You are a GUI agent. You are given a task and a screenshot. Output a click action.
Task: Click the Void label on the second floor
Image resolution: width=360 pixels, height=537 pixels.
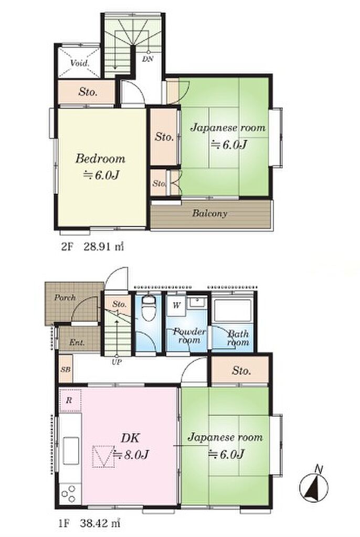[80, 63]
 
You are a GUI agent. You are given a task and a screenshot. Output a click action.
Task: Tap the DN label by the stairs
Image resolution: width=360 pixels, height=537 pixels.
[148, 59]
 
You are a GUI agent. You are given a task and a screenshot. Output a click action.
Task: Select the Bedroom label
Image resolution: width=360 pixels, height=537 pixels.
[100, 158]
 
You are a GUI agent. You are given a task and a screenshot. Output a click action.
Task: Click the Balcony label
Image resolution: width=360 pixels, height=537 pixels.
[209, 213]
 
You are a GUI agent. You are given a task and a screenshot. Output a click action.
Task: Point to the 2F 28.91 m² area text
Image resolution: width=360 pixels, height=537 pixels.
[92, 246]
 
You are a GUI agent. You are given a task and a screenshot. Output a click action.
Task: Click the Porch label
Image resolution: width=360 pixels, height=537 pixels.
[65, 297]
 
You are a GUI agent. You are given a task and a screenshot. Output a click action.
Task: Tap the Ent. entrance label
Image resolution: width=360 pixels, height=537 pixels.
[77, 342]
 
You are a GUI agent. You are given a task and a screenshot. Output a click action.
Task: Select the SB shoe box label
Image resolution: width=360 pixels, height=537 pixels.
[66, 370]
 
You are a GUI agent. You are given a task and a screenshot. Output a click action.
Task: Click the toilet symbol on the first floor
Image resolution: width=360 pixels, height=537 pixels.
[149, 307]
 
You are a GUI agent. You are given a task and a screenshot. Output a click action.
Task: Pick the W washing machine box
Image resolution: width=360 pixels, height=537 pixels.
[176, 306]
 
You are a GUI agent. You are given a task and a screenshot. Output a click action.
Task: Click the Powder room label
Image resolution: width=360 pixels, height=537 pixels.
[189, 336]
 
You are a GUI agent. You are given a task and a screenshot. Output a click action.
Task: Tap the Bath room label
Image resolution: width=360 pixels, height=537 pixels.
[238, 338]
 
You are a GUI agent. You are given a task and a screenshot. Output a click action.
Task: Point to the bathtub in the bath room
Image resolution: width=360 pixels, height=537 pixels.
[232, 310]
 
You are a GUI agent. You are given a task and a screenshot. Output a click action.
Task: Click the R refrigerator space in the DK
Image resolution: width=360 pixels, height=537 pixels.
[70, 400]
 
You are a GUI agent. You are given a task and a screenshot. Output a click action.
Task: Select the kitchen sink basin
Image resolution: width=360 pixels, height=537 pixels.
[71, 450]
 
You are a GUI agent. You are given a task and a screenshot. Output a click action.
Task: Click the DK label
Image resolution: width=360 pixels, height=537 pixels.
[130, 437]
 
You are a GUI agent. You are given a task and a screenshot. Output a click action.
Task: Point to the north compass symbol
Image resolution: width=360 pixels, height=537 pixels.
[313, 485]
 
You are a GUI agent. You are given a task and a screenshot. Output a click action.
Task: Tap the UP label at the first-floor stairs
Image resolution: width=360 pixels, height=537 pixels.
[117, 362]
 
